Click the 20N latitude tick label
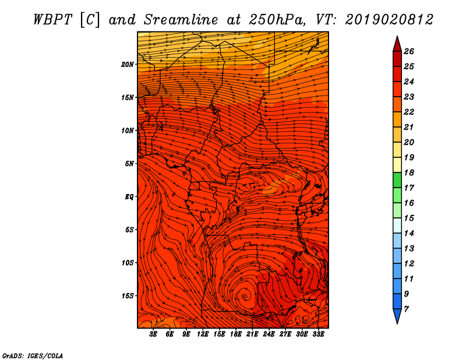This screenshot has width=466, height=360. pyautogui.click(x=128, y=65)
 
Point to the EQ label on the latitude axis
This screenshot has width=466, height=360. pyautogui.click(x=129, y=197)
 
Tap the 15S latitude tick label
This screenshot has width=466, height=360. pyautogui.click(x=128, y=296)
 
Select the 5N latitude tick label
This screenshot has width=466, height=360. pyautogui.click(x=129, y=164)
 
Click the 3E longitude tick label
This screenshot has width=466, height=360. pyautogui.click(x=153, y=334)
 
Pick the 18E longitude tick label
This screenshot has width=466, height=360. pyautogui.click(x=235, y=334)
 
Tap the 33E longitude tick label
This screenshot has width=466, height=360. pyautogui.click(x=318, y=334)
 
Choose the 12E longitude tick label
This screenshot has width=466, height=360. pyautogui.click(x=202, y=334)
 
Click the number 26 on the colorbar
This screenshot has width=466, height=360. pyautogui.click(x=409, y=51)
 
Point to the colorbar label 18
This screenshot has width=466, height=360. pyautogui.click(x=409, y=172)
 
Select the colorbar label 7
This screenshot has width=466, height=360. pyautogui.click(x=406, y=309)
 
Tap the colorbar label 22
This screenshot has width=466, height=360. pyautogui.click(x=409, y=112)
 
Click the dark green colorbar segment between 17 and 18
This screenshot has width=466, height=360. pyautogui.click(x=397, y=180)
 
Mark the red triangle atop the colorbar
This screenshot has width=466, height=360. pyautogui.click(x=397, y=45)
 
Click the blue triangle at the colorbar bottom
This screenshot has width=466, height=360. pyautogui.click(x=397, y=316)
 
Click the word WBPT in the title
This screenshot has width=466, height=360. pyautogui.click(x=52, y=20)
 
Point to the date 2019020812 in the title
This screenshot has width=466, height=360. pyautogui.click(x=389, y=20)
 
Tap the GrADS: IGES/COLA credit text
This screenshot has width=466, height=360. pyautogui.click(x=33, y=356)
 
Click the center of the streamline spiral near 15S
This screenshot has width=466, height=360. pyautogui.click(x=244, y=296)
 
